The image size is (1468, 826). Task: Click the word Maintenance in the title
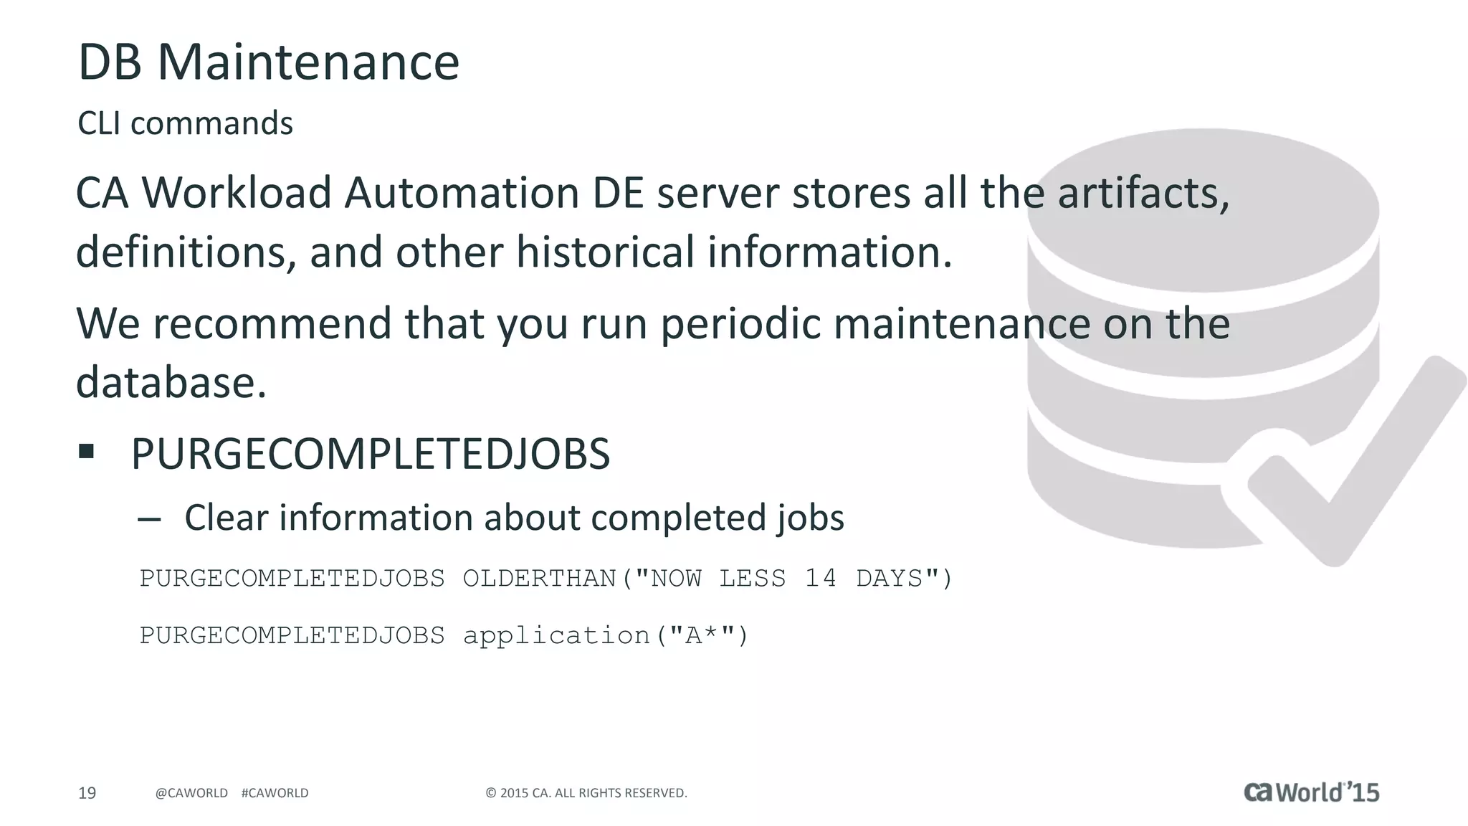point(308,62)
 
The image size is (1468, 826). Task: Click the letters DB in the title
point(110,62)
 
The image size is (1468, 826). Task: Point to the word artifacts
point(1143,194)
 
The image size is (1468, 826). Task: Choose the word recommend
point(272,324)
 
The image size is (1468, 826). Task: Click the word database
point(171,383)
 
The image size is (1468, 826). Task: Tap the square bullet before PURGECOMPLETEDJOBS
point(87,451)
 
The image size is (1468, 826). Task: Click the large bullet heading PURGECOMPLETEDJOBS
point(370,455)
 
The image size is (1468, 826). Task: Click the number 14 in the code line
point(820,578)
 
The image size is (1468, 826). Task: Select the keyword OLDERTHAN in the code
point(540,578)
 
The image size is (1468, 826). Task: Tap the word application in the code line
point(556,636)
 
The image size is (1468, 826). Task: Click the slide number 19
point(87,793)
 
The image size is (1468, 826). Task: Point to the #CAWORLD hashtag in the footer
point(275,793)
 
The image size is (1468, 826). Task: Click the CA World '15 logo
point(1311,792)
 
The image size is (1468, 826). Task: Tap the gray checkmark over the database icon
point(1355,466)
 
